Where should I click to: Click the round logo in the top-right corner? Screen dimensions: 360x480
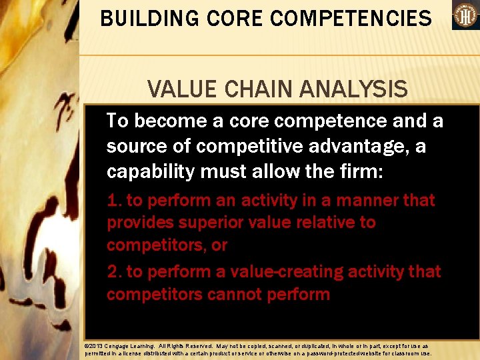coord(465,15)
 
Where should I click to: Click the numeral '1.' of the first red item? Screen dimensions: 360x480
coord(114,201)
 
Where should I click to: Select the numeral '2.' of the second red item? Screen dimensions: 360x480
coord(114,272)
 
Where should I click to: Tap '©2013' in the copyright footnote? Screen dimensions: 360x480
coord(93,347)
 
